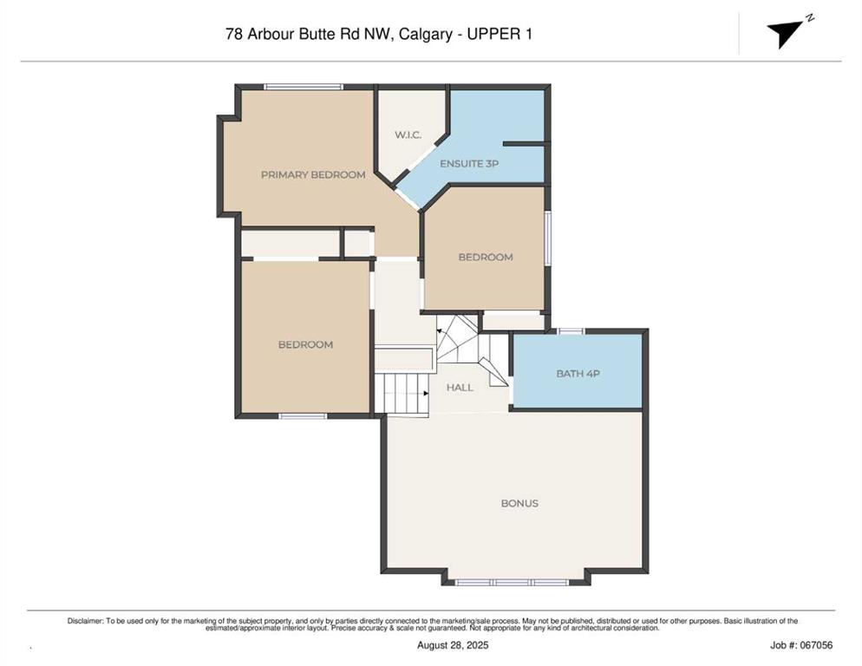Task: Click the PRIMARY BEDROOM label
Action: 313,175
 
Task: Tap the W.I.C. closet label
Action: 408,134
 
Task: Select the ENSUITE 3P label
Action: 469,164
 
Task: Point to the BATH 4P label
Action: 578,374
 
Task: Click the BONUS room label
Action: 519,503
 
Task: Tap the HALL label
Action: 460,388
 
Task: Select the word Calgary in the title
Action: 426,35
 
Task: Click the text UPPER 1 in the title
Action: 500,34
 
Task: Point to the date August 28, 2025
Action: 453,645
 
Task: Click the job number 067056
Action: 816,645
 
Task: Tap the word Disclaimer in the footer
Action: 85,621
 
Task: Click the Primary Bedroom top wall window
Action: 304,87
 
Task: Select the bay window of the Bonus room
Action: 513,583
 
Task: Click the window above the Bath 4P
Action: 571,331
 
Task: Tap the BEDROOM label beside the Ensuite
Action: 486,258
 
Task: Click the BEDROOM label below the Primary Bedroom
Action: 305,345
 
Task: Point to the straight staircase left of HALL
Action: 406,393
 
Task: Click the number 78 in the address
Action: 233,34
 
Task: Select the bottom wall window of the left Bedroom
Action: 303,416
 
